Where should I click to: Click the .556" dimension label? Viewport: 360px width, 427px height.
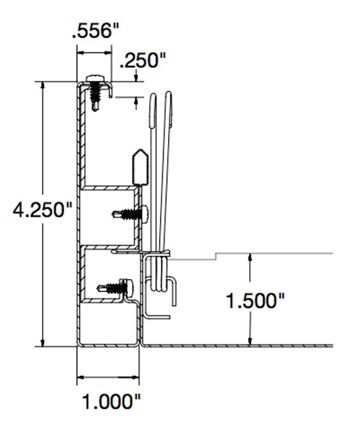[x=95, y=31]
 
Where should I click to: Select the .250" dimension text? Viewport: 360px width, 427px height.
[x=142, y=60]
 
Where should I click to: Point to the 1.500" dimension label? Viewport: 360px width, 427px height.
[x=255, y=300]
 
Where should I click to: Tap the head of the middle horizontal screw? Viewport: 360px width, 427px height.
[x=144, y=213]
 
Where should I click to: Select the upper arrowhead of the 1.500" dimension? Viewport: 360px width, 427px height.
[x=250, y=258]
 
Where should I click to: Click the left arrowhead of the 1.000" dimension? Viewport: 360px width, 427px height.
[x=81, y=376]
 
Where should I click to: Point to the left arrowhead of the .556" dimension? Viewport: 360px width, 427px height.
[x=81, y=52]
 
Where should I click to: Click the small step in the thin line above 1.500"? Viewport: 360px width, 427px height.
[x=216, y=256]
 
